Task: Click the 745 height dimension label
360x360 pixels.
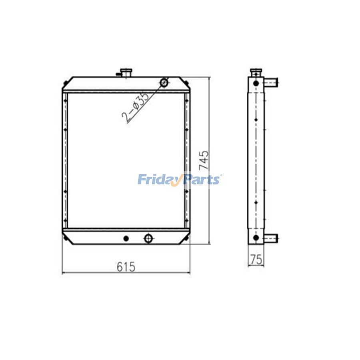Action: [x=204, y=160]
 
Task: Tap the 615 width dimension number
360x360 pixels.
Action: [x=126, y=267]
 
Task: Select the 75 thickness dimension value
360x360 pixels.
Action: [x=256, y=260]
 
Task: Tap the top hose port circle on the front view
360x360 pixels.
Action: [x=164, y=82]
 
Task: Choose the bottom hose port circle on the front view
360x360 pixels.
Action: [x=148, y=238]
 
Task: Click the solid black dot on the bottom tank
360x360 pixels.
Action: [x=126, y=238]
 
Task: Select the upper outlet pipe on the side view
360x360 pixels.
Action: [x=271, y=82]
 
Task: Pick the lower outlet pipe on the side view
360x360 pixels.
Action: [x=271, y=238]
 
